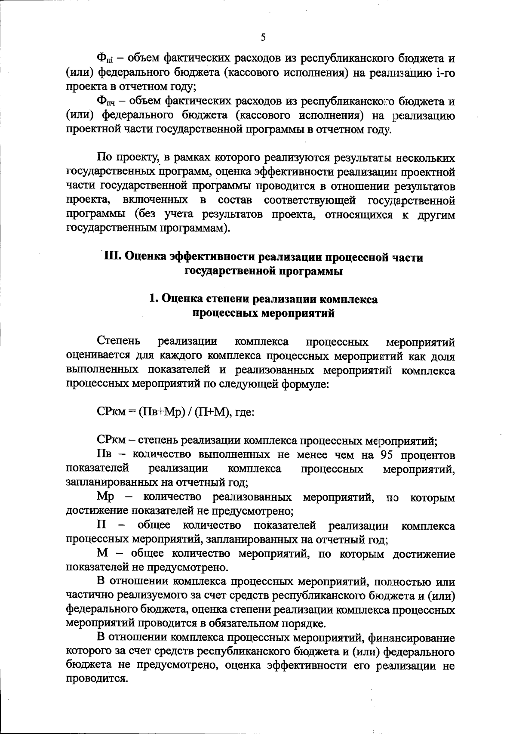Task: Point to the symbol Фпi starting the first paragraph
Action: pos(104,58)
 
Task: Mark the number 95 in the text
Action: pos(390,455)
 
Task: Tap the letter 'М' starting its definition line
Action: pos(102,553)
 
